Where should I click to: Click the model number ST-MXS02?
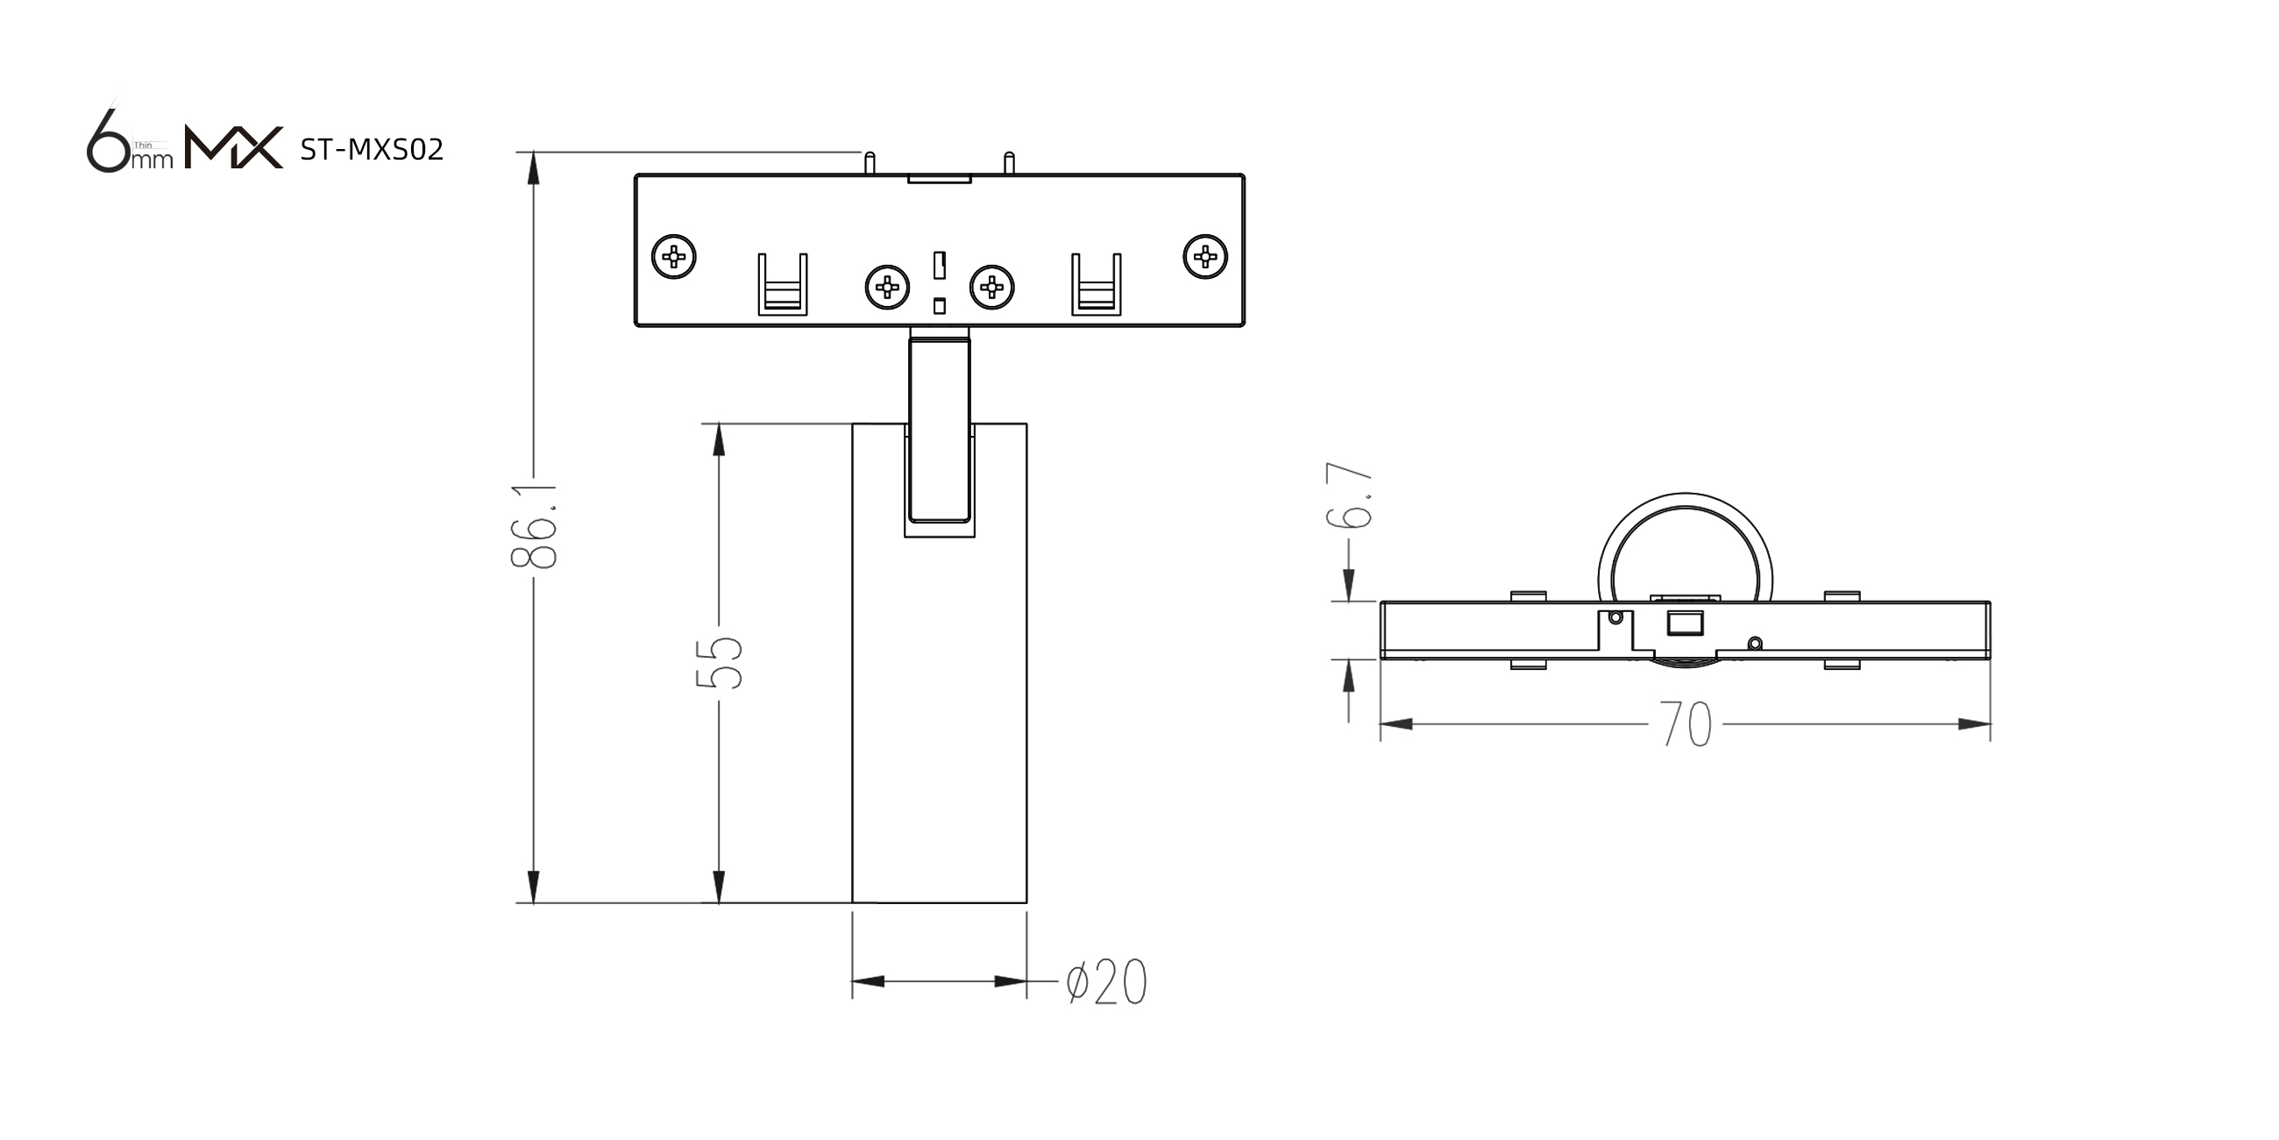tap(372, 150)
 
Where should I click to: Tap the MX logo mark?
tap(233, 147)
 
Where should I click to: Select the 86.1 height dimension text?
tap(534, 526)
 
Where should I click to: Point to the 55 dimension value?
tap(719, 662)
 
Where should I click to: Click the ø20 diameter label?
tap(1107, 981)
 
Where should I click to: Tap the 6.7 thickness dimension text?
tap(1349, 495)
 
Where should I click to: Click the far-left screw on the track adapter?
tap(674, 257)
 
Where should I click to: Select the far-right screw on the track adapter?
tap(1205, 257)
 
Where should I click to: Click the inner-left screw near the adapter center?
tap(887, 287)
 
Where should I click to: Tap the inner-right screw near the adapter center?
tap(991, 287)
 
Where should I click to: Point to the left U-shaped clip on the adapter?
tap(783, 284)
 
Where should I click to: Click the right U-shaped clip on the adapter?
tap(1097, 284)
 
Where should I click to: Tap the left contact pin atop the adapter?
tap(870, 164)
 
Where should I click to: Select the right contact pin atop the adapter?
tap(1009, 164)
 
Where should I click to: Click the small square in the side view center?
tap(1686, 623)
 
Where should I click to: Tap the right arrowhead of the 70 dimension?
tap(1974, 725)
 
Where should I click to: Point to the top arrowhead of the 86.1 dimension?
tap(534, 168)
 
